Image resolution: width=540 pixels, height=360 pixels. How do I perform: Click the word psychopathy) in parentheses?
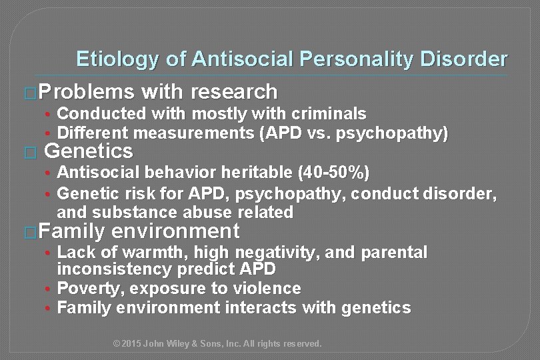tap(400, 133)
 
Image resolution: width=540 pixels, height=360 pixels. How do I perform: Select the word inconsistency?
tap(111, 269)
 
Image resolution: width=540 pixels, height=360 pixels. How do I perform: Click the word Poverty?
tap(86, 289)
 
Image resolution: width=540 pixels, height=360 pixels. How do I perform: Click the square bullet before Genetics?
tap(27, 152)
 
